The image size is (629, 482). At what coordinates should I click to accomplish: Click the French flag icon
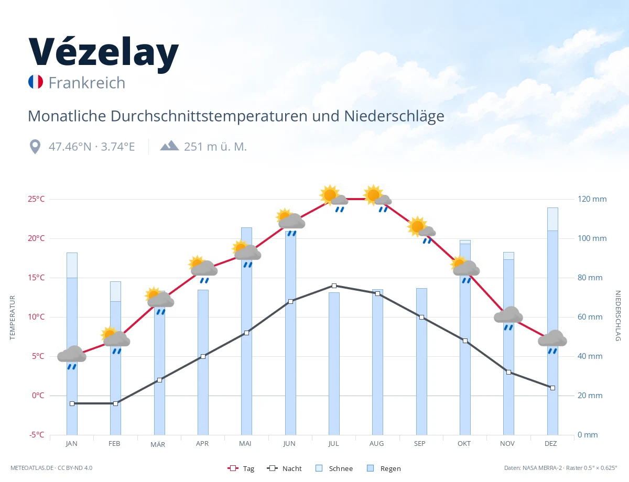36,82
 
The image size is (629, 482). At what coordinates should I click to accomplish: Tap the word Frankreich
87,83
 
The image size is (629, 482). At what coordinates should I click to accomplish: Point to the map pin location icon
35,147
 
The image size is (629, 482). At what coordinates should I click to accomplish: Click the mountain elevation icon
169,146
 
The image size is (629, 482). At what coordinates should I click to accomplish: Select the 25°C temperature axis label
36,199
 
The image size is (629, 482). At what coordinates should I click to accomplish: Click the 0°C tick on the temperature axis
38,396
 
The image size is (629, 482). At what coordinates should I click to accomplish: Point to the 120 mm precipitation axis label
592,199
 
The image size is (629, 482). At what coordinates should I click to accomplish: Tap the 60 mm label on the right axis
590,317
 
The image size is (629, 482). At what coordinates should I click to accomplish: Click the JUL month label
333,444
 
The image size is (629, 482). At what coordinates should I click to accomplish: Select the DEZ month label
550,444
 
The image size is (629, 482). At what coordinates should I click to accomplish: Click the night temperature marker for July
334,286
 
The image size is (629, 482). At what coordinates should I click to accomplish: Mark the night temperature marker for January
72,403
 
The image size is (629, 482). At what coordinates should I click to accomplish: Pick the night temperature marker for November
508,373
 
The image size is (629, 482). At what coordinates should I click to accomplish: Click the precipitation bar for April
203,363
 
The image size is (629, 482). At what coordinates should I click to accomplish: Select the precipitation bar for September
421,361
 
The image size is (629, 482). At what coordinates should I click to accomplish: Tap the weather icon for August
377,198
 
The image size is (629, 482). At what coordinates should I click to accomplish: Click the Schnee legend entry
334,468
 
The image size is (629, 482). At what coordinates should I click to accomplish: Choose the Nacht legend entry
284,468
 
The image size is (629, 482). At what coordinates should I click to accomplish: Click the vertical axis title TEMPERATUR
12,317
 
